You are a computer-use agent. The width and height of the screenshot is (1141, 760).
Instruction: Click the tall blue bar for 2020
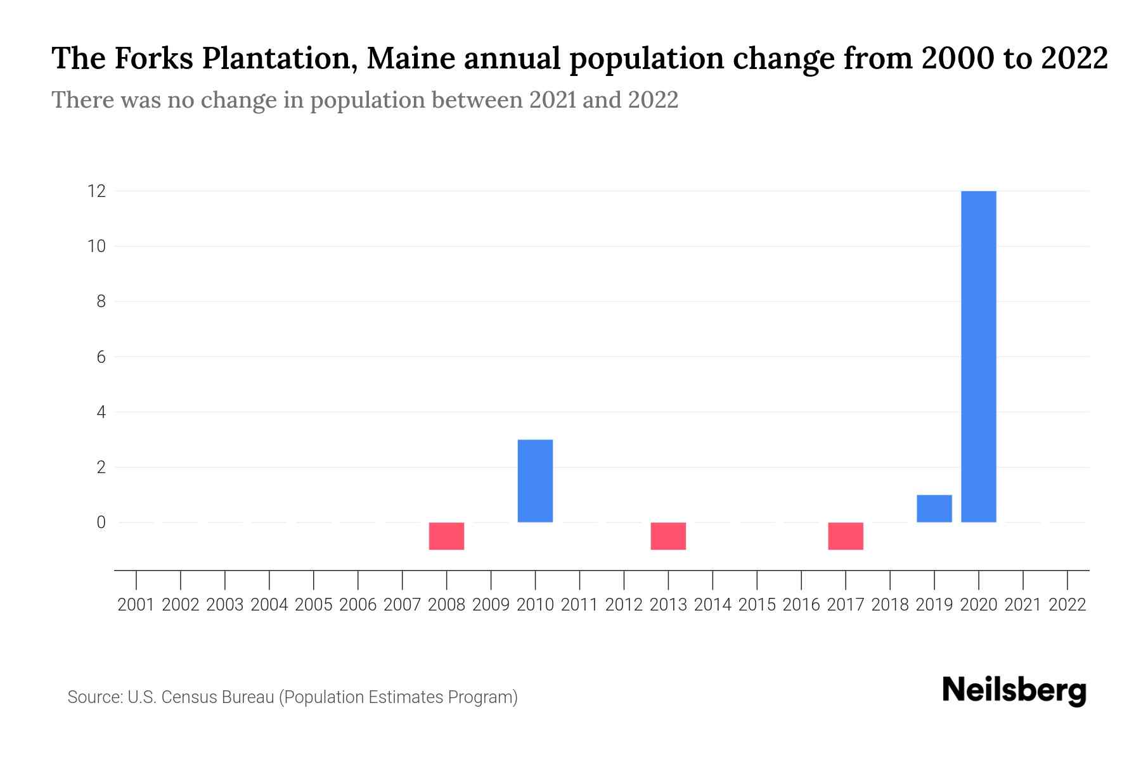(x=979, y=356)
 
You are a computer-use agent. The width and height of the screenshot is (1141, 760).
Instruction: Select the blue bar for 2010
(x=535, y=481)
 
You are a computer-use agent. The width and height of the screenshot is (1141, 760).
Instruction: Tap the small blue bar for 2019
(x=934, y=509)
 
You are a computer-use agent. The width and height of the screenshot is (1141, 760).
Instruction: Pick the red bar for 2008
(x=446, y=536)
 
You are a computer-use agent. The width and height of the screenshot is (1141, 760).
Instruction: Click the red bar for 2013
(x=668, y=536)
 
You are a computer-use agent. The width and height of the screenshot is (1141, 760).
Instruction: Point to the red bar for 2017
(x=846, y=536)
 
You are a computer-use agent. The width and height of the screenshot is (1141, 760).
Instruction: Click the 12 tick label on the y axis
(x=96, y=191)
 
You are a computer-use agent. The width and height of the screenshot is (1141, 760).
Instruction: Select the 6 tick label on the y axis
(x=101, y=357)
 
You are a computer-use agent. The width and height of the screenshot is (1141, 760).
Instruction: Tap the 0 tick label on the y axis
(x=101, y=522)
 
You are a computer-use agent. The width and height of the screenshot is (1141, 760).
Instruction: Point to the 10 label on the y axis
(x=96, y=246)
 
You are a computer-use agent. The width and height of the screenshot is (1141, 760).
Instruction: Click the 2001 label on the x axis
(x=136, y=605)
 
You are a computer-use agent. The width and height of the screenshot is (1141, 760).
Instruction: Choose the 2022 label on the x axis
(x=1067, y=605)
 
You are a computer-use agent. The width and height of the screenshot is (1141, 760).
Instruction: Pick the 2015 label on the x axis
(x=757, y=605)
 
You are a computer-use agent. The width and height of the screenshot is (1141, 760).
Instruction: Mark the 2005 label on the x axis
(x=314, y=605)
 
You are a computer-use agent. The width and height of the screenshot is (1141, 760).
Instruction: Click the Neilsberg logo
(x=1014, y=690)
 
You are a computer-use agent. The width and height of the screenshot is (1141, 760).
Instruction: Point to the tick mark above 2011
(x=579, y=579)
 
